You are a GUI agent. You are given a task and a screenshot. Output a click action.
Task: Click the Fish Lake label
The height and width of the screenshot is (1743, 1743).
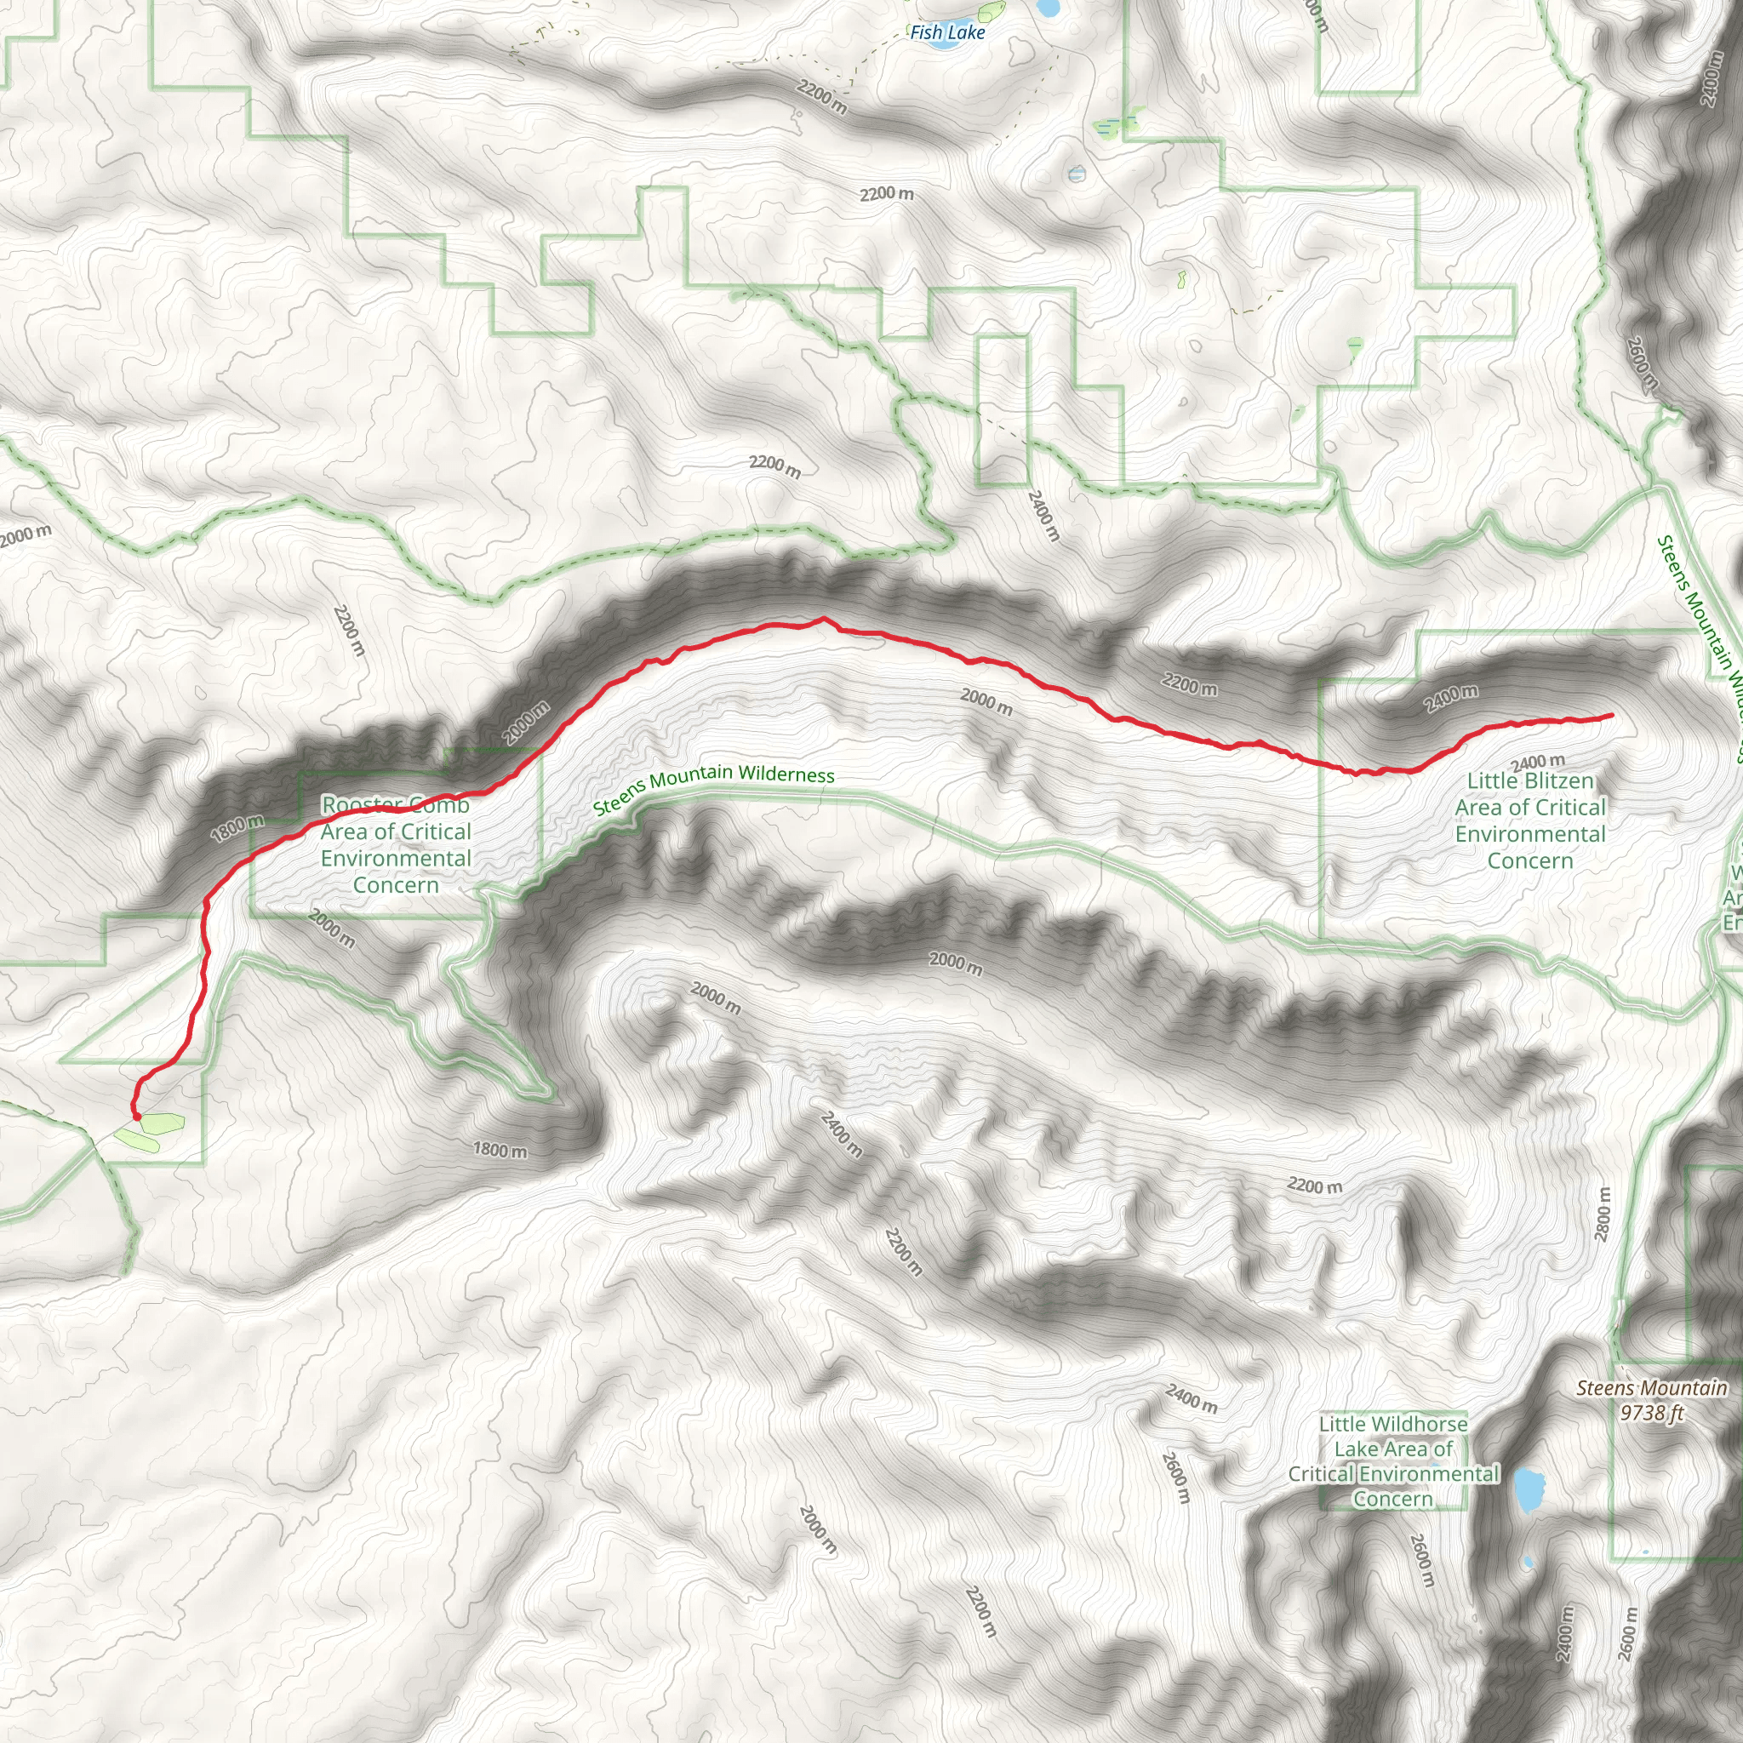click(947, 32)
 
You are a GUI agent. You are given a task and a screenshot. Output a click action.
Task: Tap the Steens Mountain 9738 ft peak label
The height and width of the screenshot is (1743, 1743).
click(1651, 1400)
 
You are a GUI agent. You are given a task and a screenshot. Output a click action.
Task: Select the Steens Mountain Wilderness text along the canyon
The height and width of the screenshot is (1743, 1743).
click(713, 786)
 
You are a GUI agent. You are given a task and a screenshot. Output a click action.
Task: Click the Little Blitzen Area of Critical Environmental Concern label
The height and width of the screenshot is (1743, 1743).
click(1530, 820)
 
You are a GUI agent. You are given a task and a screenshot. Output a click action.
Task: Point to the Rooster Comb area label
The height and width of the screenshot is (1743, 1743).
click(396, 844)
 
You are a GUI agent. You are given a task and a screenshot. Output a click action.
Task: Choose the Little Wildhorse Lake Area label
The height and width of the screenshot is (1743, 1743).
click(1393, 1460)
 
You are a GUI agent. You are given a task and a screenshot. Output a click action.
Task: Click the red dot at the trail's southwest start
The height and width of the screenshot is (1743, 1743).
click(137, 1117)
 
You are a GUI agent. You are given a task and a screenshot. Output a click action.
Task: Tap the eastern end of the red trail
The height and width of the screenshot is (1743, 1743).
click(1611, 716)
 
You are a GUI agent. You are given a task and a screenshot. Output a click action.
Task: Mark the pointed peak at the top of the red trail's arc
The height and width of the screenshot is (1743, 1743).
click(823, 619)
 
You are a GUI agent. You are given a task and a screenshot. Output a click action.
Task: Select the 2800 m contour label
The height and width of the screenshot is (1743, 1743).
click(1603, 1214)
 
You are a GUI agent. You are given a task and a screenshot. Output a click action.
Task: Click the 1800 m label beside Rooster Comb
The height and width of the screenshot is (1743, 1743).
click(238, 826)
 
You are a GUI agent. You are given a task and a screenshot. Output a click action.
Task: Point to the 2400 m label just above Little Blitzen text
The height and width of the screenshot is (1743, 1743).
click(1537, 763)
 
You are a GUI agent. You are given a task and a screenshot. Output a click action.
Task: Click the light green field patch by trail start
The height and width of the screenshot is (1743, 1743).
click(163, 1123)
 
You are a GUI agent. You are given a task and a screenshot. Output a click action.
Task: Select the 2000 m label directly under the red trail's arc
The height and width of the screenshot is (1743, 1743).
click(986, 701)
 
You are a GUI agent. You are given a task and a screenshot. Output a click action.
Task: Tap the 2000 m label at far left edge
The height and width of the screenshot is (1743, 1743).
click(26, 536)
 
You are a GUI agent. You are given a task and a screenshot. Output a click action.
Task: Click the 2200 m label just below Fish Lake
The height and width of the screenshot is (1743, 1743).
click(822, 96)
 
